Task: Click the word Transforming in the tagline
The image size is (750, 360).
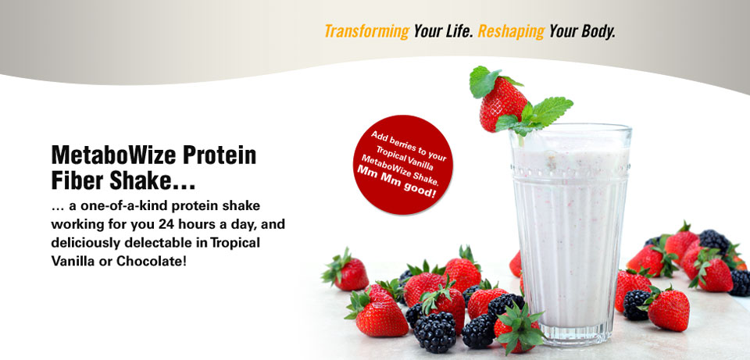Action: [367, 31]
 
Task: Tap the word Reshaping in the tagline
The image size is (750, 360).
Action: [511, 31]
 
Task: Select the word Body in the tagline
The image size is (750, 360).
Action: [598, 31]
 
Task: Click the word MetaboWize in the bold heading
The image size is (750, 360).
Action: [112, 155]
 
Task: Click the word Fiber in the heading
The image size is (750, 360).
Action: [77, 180]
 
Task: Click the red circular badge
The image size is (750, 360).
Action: [402, 165]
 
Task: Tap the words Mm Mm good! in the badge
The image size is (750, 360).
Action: [397, 182]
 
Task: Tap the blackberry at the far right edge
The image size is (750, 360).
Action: [741, 283]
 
